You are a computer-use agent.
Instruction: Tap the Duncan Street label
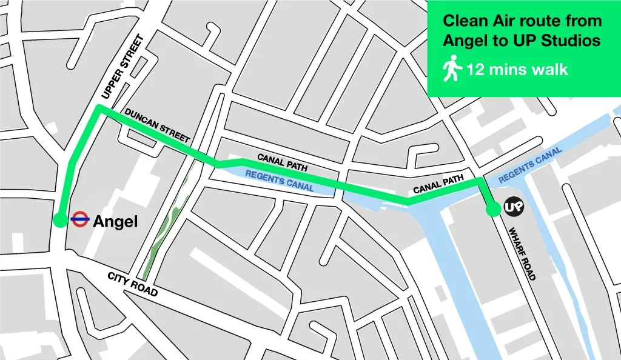157,126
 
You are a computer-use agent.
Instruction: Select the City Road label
132,284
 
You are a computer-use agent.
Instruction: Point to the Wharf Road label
522,253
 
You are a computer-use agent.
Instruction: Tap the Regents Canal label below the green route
279,180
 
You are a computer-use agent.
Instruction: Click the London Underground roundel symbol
80,220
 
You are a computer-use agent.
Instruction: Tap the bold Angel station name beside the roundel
115,222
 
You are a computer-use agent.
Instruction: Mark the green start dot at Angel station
59,220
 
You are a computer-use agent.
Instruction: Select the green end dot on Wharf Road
492,209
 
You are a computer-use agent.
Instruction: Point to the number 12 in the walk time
475,70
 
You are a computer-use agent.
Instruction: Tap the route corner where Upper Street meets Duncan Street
98,108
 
